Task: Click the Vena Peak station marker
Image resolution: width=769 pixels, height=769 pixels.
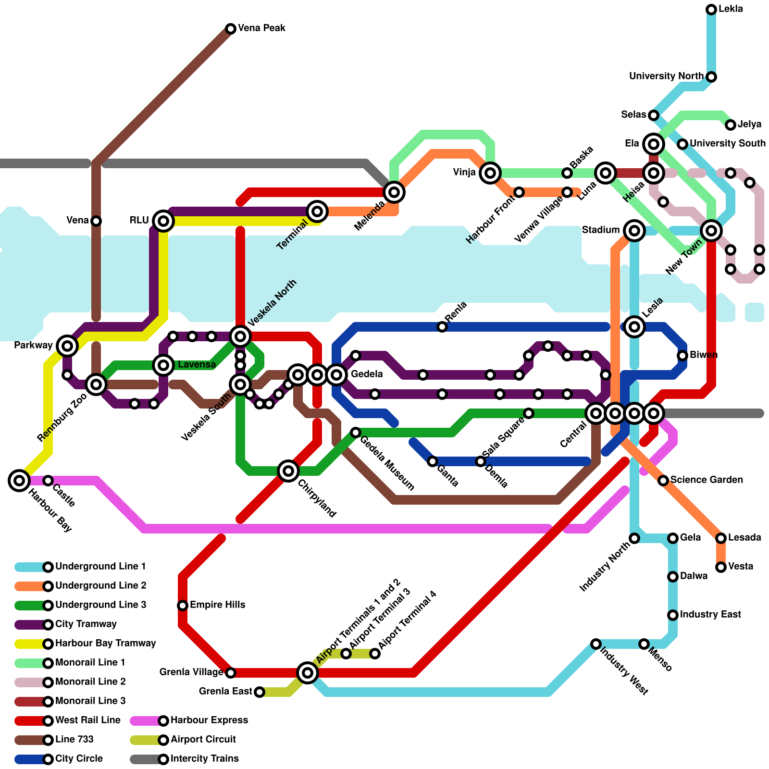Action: point(231,29)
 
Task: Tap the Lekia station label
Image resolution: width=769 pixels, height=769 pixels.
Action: point(731,9)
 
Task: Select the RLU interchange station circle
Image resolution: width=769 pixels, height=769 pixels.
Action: point(163,221)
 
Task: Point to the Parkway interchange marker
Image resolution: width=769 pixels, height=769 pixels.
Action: point(67,346)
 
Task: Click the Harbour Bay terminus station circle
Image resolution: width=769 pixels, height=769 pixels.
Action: point(19,480)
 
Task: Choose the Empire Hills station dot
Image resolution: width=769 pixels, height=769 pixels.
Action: point(183,605)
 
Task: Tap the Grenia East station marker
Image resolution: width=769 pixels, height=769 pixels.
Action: point(260,692)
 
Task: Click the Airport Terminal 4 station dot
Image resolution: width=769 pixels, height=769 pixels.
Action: point(375,654)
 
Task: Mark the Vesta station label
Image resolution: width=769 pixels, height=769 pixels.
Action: point(741,567)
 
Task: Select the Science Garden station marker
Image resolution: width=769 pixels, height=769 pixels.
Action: point(663,481)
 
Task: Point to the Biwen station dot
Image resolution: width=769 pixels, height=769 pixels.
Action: point(682,356)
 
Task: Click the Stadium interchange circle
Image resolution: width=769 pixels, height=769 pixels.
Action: point(634,231)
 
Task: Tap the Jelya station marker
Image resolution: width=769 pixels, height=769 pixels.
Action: point(731,125)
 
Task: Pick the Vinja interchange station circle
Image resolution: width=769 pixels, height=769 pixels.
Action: point(490,173)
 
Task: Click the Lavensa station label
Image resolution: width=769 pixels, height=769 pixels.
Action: point(197,365)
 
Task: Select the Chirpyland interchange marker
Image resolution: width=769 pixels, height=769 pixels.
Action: point(288,471)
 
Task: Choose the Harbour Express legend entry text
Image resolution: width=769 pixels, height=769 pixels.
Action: point(209,720)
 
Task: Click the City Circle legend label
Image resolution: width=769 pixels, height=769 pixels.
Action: point(79,759)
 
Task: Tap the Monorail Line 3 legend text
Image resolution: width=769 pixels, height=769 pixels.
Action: point(90,701)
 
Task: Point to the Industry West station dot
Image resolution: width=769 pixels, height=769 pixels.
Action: point(596,644)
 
